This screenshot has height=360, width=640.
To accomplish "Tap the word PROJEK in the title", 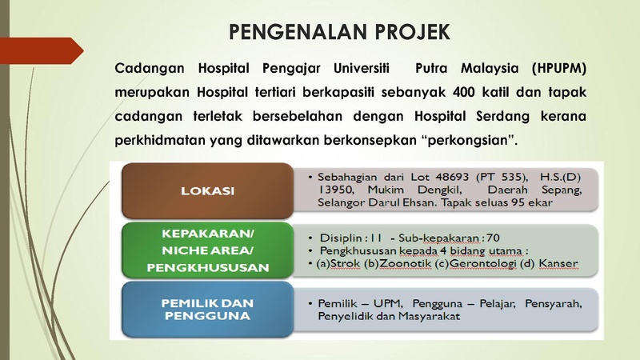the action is click(413, 32).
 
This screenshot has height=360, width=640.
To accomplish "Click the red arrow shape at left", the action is click(42, 50).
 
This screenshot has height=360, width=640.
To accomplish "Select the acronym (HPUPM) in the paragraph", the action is click(558, 68).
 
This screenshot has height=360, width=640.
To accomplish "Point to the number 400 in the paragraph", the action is click(464, 92).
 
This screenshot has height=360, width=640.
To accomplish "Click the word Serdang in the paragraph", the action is click(503, 116).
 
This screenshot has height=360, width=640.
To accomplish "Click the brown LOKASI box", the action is click(207, 190).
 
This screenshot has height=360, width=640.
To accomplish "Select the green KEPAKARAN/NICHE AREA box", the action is click(207, 250).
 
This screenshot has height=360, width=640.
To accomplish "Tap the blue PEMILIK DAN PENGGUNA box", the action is click(207, 310).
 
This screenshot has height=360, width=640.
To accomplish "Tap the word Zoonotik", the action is click(405, 264).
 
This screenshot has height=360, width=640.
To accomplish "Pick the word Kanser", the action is click(558, 264).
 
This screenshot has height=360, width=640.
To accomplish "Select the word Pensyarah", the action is click(553, 304).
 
